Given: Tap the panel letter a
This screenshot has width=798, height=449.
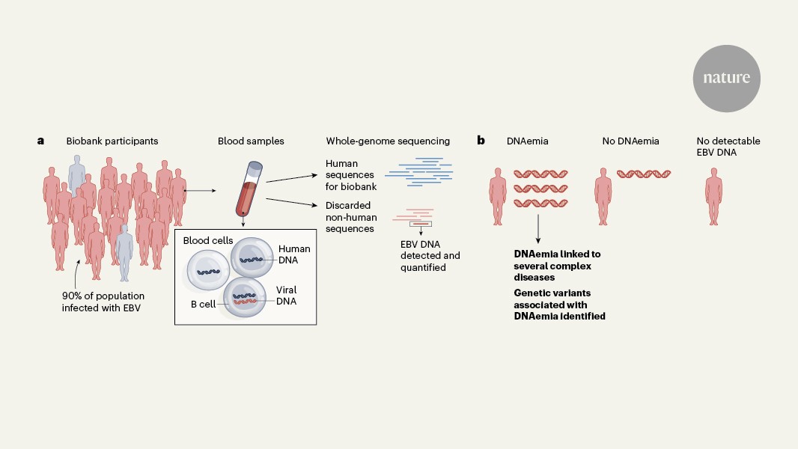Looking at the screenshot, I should point(41,140).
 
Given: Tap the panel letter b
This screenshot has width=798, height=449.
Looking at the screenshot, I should point(481,140).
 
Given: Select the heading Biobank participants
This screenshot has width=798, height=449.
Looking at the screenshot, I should point(112,141).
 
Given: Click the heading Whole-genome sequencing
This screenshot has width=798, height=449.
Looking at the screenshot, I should point(388,141).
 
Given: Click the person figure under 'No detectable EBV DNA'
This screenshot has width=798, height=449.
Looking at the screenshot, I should point(714,196).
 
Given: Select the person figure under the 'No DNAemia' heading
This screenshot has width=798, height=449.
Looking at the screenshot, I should point(604,196).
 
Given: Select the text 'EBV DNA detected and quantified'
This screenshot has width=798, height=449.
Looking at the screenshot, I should point(430,256).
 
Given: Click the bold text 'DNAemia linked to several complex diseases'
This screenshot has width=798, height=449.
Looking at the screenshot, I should point(557,265).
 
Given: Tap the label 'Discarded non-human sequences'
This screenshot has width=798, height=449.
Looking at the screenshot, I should point(350,217).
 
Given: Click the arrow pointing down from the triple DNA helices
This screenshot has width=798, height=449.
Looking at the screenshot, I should point(539,227).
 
